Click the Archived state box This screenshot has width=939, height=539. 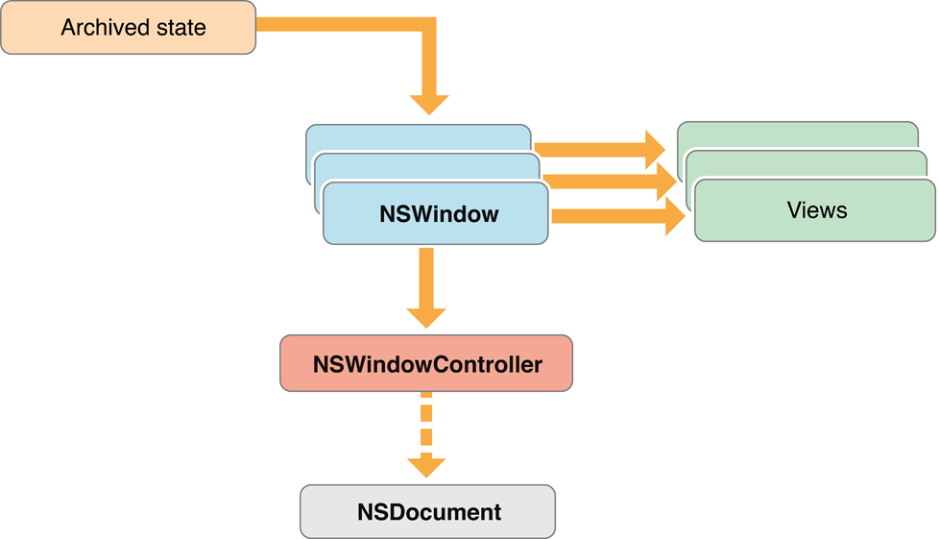click(129, 28)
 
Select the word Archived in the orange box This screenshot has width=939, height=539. click(96, 28)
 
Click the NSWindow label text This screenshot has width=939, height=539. click(439, 213)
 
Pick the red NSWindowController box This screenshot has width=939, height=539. click(426, 364)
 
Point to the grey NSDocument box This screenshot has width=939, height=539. click(428, 511)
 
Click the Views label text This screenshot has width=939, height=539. click(816, 209)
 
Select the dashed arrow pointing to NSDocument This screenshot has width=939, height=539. click(426, 423)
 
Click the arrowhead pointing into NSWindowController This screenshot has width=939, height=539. click(426, 317)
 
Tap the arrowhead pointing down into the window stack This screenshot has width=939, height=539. click(429, 104)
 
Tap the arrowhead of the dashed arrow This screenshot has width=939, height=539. click(426, 466)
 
